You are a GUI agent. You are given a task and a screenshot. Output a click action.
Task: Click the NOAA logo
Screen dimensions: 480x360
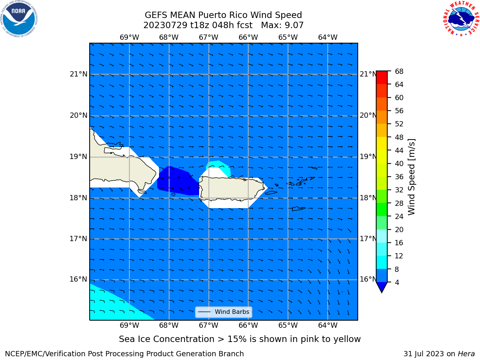pos(19,19)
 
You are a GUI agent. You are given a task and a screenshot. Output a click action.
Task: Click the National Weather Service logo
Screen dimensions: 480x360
pos(461,19)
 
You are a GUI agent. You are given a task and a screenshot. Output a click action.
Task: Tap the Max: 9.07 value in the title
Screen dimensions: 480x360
pos(282,25)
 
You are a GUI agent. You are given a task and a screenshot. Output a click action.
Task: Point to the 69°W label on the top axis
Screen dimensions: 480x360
pos(129,37)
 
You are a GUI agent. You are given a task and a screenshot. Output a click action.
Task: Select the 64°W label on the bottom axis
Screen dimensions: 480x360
pos(328,325)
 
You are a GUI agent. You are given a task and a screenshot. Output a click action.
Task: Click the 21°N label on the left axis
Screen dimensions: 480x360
pos(78,74)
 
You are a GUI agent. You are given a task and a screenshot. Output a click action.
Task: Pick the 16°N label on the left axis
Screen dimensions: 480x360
pos(78,279)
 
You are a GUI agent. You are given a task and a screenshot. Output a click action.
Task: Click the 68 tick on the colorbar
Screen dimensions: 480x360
pos(399,72)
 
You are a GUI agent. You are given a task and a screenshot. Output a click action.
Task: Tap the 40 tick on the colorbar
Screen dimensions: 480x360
pos(399,164)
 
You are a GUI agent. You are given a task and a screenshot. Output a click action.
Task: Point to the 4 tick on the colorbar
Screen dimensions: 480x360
pos(397,282)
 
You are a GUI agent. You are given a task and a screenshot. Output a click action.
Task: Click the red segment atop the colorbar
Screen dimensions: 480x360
pos(382,78)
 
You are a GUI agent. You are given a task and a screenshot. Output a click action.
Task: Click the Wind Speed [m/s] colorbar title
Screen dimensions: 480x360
pos(411,177)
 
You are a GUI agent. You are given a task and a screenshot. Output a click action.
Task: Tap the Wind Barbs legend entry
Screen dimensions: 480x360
pos(223,312)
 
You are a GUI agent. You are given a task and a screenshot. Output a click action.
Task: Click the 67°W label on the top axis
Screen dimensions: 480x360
pos(208,37)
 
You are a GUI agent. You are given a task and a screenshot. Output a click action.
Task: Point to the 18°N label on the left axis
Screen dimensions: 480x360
pos(78,198)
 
